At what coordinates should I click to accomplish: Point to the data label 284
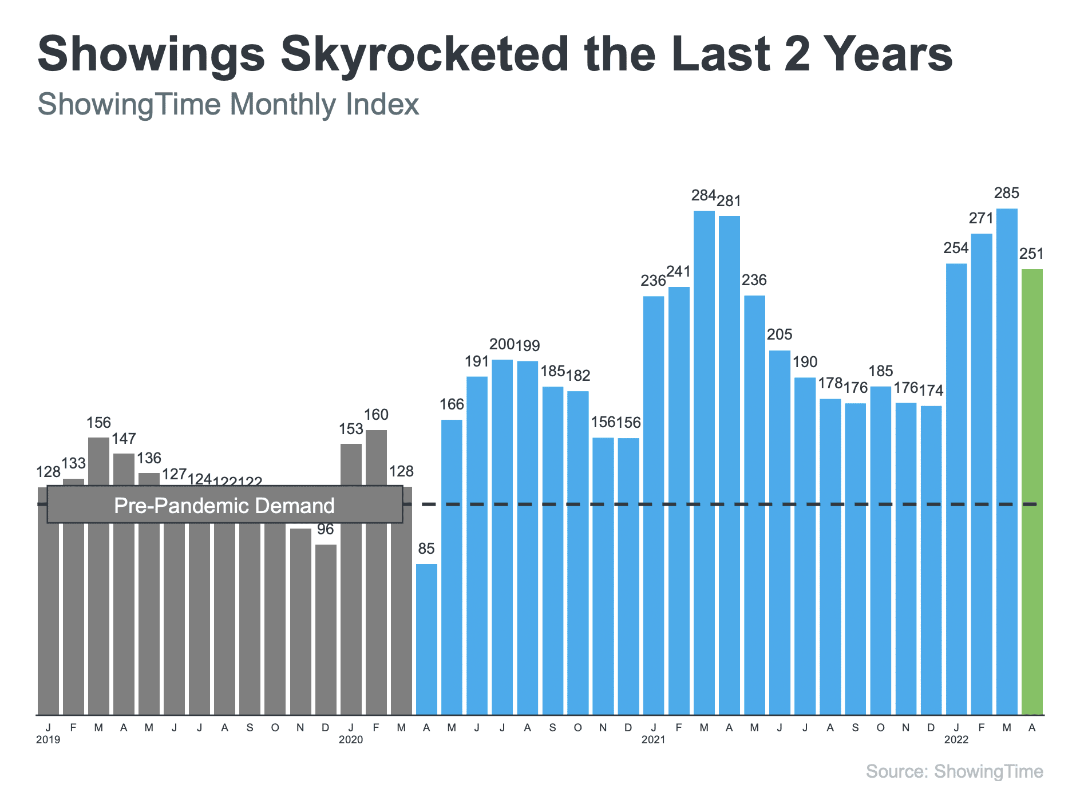pos(703,196)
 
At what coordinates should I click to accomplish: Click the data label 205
pos(780,334)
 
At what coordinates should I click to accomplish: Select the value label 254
pos(956,248)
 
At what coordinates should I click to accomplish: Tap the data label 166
pos(452,405)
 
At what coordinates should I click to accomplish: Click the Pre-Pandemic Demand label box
pos(224,505)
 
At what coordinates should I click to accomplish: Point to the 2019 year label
pos(48,740)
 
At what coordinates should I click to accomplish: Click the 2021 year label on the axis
pos(653,740)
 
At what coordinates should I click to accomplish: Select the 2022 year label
pos(956,740)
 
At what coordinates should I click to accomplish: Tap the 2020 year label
pos(351,740)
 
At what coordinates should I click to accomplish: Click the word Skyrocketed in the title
pos(425,54)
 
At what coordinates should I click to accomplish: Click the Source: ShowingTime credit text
pos(954,771)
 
